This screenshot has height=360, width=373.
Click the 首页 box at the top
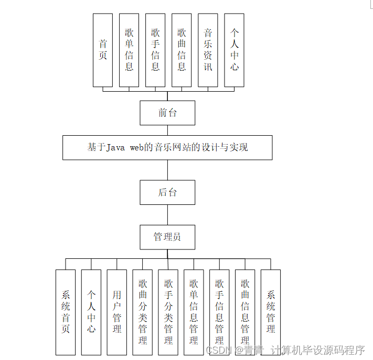tap(103, 50)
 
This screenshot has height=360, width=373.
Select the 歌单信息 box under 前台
tap(129, 50)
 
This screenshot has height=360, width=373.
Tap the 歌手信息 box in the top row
tap(155, 50)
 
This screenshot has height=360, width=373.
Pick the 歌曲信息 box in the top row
tap(182, 50)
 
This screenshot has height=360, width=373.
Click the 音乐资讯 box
tap(208, 50)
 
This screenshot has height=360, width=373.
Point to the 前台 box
tap(167, 113)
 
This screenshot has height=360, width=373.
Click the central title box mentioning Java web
tap(167, 147)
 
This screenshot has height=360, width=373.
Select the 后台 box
tap(167, 192)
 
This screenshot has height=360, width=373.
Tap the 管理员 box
tap(167, 237)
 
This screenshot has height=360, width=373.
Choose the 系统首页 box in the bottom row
tap(66, 312)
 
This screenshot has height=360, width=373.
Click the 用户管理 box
tap(117, 312)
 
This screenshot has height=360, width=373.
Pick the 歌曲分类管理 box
tap(143, 312)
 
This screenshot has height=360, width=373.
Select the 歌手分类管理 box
tap(168, 312)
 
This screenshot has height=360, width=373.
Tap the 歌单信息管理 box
tap(194, 312)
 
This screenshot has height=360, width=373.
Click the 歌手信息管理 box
tap(219, 312)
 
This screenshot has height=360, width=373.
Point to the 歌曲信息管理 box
tap(245, 312)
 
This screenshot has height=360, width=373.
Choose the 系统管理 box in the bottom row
tap(271, 312)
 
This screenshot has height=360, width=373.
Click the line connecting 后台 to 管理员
tap(167, 214)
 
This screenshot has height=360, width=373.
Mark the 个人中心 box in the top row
tap(234, 50)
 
